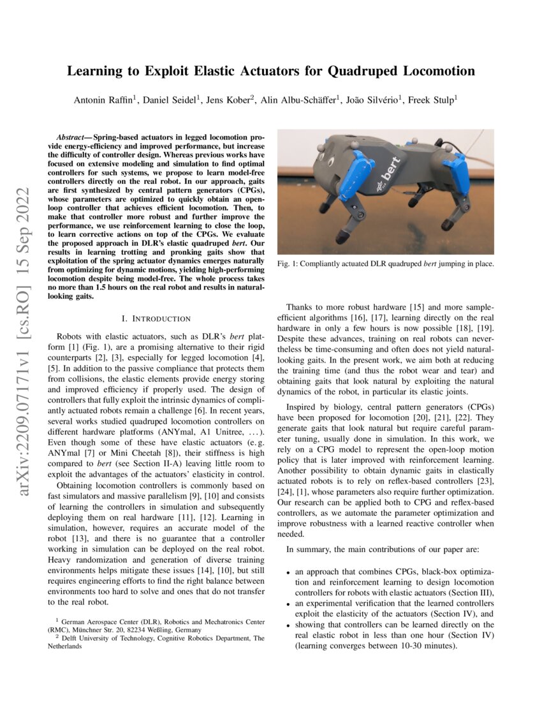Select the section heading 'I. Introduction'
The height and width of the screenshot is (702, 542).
point(156,318)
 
